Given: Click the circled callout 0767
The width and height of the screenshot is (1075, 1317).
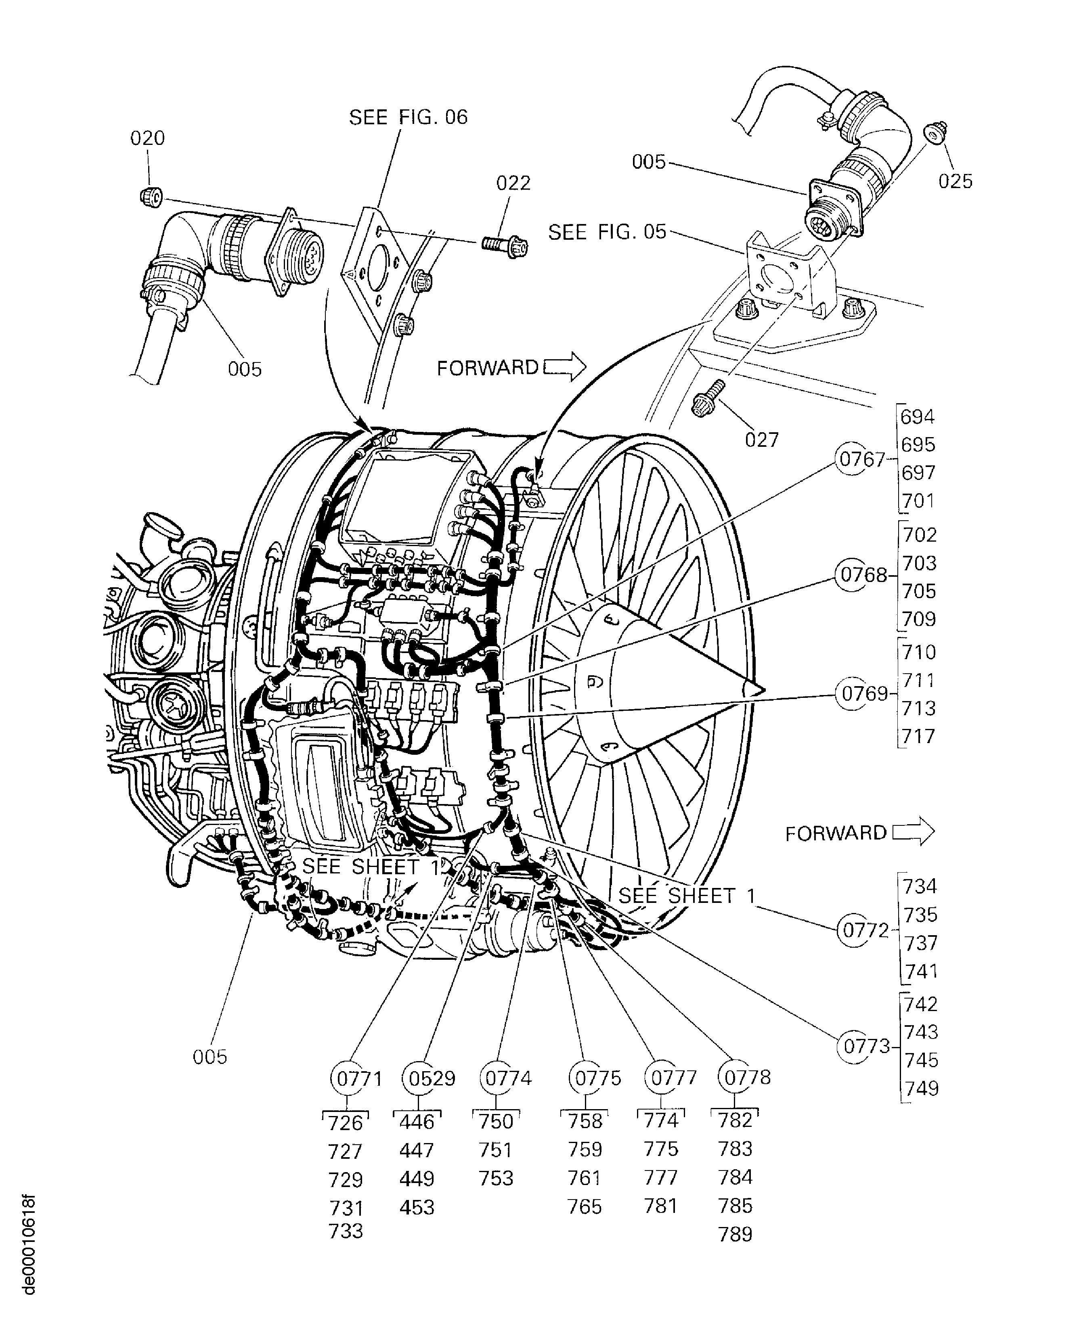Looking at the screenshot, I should [x=861, y=459].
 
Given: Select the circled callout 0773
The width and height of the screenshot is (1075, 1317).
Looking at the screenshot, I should [x=866, y=1047].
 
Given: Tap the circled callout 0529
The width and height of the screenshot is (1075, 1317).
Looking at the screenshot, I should [x=432, y=1078].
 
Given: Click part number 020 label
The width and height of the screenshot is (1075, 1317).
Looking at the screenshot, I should [x=147, y=138].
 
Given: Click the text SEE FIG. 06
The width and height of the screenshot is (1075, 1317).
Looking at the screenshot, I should [x=408, y=117].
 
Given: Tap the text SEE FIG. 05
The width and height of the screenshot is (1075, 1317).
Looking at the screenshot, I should [x=607, y=232].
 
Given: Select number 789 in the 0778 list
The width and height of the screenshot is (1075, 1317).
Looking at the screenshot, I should [x=735, y=1234].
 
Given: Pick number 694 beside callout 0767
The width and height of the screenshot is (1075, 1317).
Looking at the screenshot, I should [x=917, y=417].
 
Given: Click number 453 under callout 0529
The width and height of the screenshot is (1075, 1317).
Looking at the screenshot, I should [x=417, y=1207].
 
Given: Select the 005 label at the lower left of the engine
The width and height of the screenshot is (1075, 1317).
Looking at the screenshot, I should [x=210, y=1057].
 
